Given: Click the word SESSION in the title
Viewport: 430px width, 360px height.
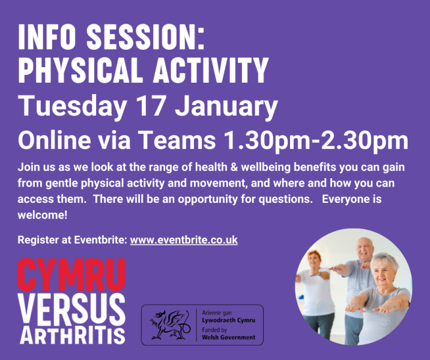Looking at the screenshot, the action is (x=145, y=37).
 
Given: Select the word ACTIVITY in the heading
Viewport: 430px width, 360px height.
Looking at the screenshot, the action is (x=211, y=70).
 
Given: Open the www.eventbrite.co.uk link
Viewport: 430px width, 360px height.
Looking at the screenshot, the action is (x=184, y=240).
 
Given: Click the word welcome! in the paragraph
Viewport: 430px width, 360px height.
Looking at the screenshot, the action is (x=42, y=215).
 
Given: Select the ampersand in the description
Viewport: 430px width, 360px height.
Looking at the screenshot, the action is (x=234, y=167).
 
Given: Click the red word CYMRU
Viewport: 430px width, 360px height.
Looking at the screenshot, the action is (x=71, y=275).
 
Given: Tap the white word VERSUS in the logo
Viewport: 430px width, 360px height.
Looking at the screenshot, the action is (x=71, y=310).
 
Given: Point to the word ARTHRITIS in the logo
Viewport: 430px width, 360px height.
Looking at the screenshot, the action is (x=73, y=335).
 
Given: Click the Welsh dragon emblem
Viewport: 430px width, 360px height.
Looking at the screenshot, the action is (x=169, y=325).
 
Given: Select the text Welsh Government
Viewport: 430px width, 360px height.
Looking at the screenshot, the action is (x=228, y=337).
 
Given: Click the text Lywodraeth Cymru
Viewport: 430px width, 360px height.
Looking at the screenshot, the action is (x=228, y=320).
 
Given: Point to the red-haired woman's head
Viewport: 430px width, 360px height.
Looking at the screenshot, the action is (x=314, y=259).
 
